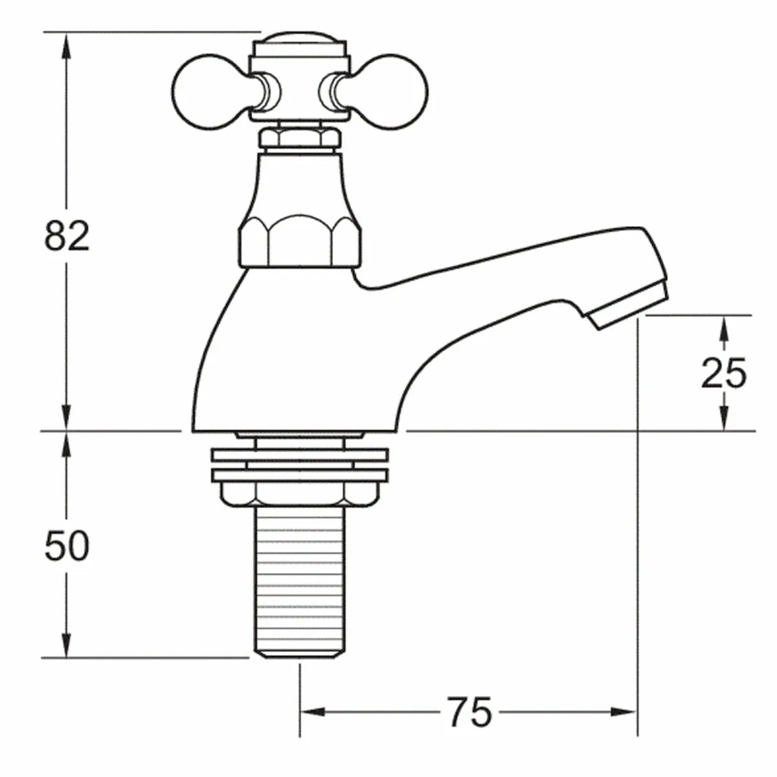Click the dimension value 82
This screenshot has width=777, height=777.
pyautogui.click(x=67, y=237)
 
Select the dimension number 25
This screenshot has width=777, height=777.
pyautogui.click(x=724, y=374)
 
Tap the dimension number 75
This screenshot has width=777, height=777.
pyautogui.click(x=469, y=713)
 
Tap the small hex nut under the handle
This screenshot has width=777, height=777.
pyautogui.click(x=298, y=139)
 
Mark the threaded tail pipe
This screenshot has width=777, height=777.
pyautogui.click(x=298, y=583)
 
